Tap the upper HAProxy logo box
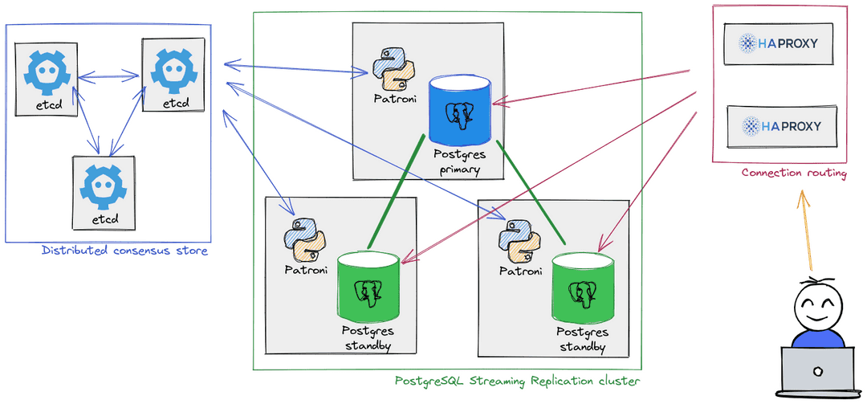point(778,43)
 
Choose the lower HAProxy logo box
point(778,125)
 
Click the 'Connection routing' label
point(793,173)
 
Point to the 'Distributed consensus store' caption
point(124,251)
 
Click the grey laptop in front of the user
point(818,370)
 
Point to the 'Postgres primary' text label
point(458,161)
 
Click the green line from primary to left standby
point(395,193)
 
